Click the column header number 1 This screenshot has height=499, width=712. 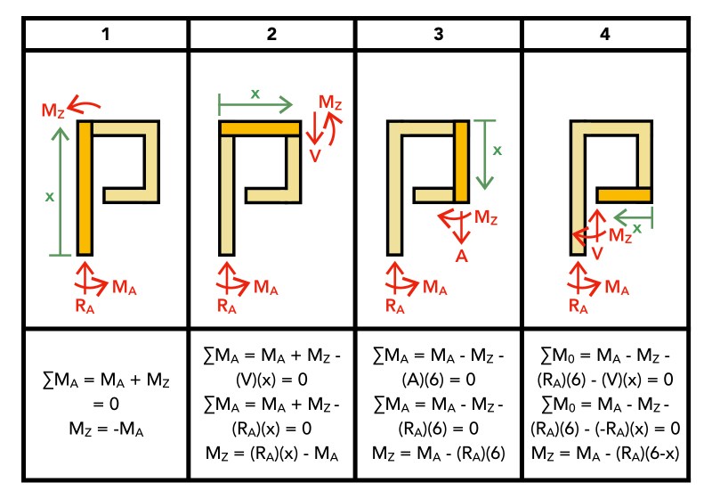[x=105, y=35]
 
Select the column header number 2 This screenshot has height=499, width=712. [x=272, y=35]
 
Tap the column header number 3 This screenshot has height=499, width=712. [x=439, y=35]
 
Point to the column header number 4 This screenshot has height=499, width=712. [x=605, y=35]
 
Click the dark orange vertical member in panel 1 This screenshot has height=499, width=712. [x=85, y=188]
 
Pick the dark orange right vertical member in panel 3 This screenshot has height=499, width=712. [x=461, y=161]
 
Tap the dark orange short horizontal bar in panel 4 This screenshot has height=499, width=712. [x=625, y=194]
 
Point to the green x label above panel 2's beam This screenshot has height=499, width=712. [x=256, y=94]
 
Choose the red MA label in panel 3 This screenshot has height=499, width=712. [x=433, y=287]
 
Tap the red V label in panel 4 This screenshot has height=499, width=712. [x=599, y=252]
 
